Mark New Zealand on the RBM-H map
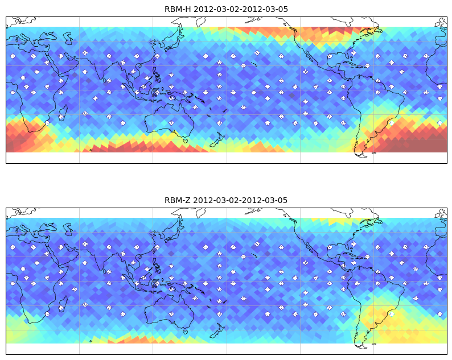[218, 140]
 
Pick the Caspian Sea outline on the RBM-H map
[68, 38]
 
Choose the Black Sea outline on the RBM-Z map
[48, 227]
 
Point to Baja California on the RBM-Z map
[309, 248]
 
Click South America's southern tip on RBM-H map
[362, 155]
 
